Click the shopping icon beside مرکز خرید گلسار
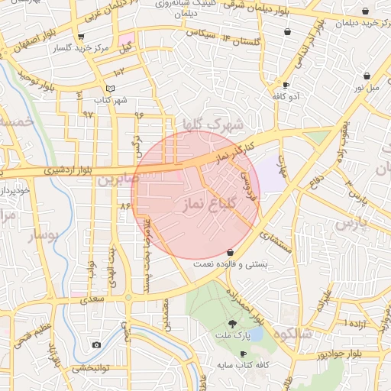81,36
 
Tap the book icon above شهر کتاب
111,89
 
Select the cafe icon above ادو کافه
286,86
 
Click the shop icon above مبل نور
369,76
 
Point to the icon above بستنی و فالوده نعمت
229,252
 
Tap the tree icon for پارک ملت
232,324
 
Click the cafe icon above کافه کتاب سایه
243,354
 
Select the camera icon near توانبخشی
96,344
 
